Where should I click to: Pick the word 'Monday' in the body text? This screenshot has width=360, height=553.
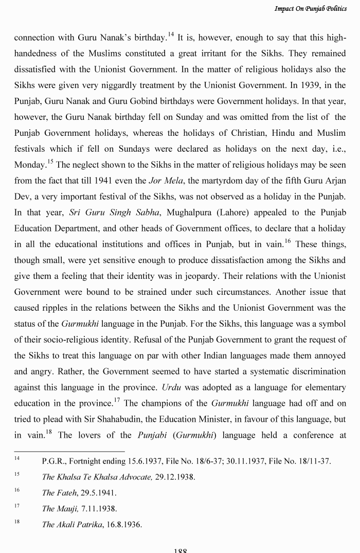click(29, 165)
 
